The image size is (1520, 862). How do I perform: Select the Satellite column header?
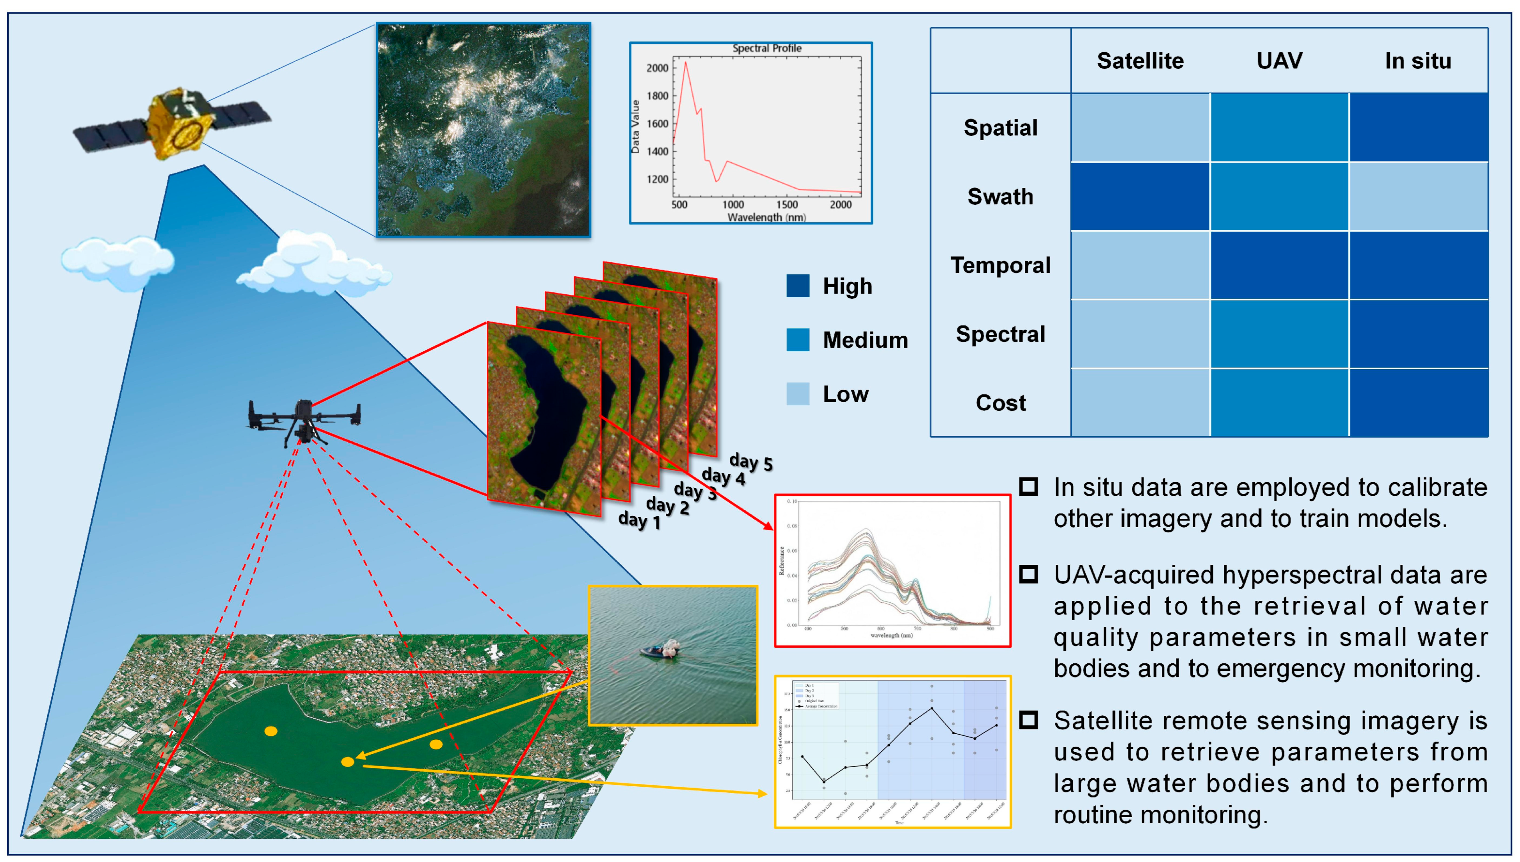pyautogui.click(x=1140, y=61)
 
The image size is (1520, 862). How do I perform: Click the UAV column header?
pyautogui.click(x=1279, y=61)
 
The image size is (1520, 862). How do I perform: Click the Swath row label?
pyautogui.click(x=1000, y=197)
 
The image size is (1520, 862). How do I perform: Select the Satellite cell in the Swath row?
pyautogui.click(x=1140, y=197)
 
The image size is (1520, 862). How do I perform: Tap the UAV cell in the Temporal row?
pyautogui.click(x=1279, y=265)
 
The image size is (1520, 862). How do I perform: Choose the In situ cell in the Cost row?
pyautogui.click(x=1418, y=403)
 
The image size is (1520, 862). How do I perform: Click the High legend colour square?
pyautogui.click(x=798, y=286)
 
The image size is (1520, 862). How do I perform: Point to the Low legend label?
pyautogui.click(x=846, y=394)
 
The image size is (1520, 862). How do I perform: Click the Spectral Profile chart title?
pyautogui.click(x=767, y=48)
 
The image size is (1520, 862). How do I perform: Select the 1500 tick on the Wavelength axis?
pyautogui.click(x=787, y=205)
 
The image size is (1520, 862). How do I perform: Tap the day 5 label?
pyautogui.click(x=751, y=462)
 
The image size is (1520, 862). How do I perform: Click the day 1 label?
pyautogui.click(x=639, y=520)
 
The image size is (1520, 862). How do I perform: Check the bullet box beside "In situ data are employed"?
pyautogui.click(x=1028, y=487)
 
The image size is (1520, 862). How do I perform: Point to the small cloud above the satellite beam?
pyautogui.click(x=117, y=260)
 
